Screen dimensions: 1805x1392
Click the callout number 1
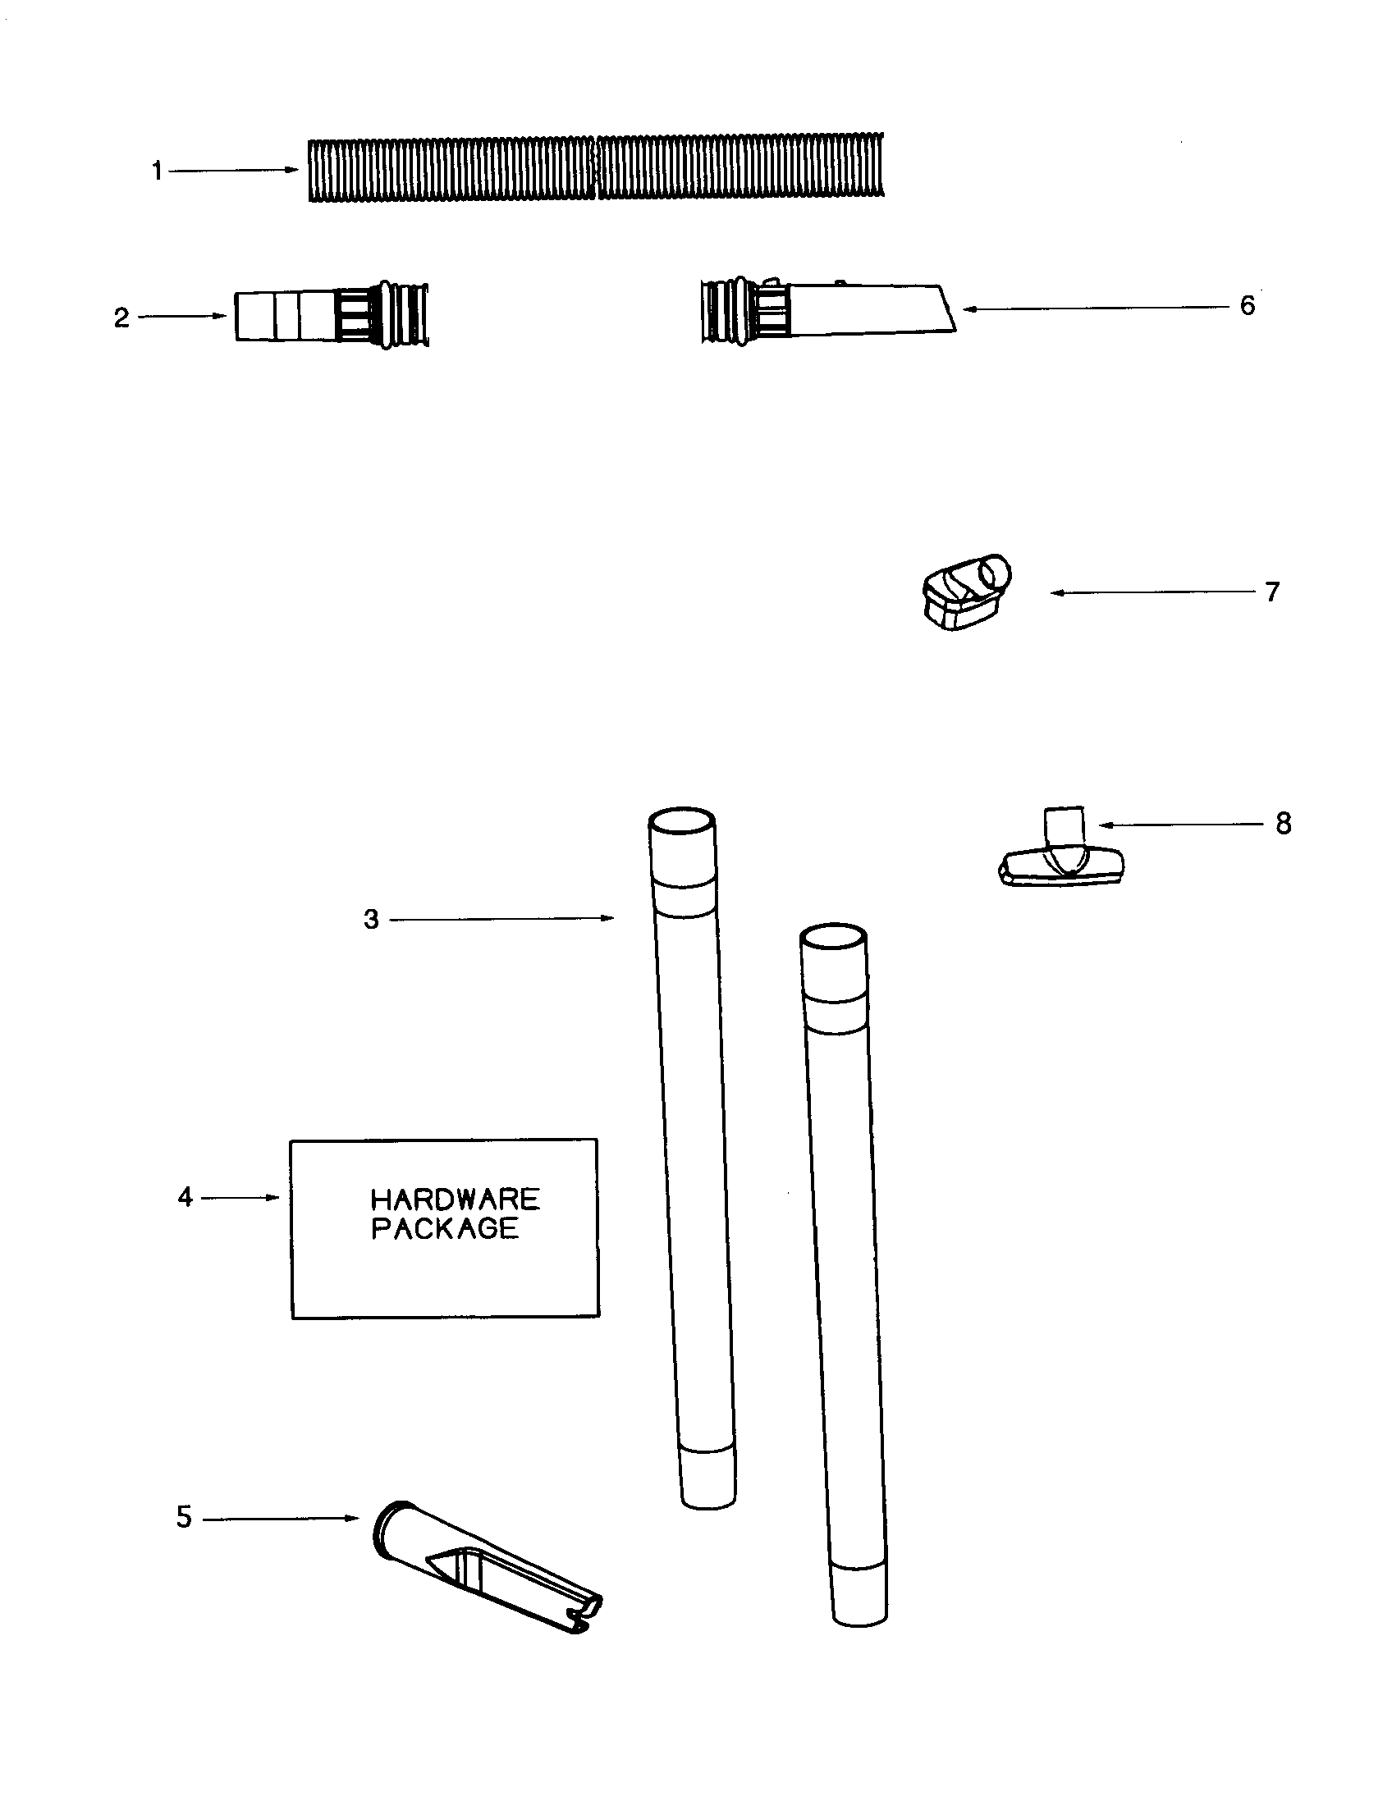tap(156, 171)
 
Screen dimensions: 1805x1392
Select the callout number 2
tap(121, 318)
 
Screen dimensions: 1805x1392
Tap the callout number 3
tap(371, 919)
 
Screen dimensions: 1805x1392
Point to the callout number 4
tap(185, 1197)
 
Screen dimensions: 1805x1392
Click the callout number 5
tap(184, 1517)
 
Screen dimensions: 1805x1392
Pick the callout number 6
tap(1248, 306)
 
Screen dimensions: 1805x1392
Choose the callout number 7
tap(1272, 592)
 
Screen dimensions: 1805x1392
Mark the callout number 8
tap(1283, 823)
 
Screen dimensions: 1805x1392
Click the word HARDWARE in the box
tap(455, 1200)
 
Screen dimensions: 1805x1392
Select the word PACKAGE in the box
tap(445, 1228)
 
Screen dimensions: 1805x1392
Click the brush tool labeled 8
tap(1061, 856)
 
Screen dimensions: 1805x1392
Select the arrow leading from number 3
tap(501, 918)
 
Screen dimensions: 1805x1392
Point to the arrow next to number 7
tap(1152, 592)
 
